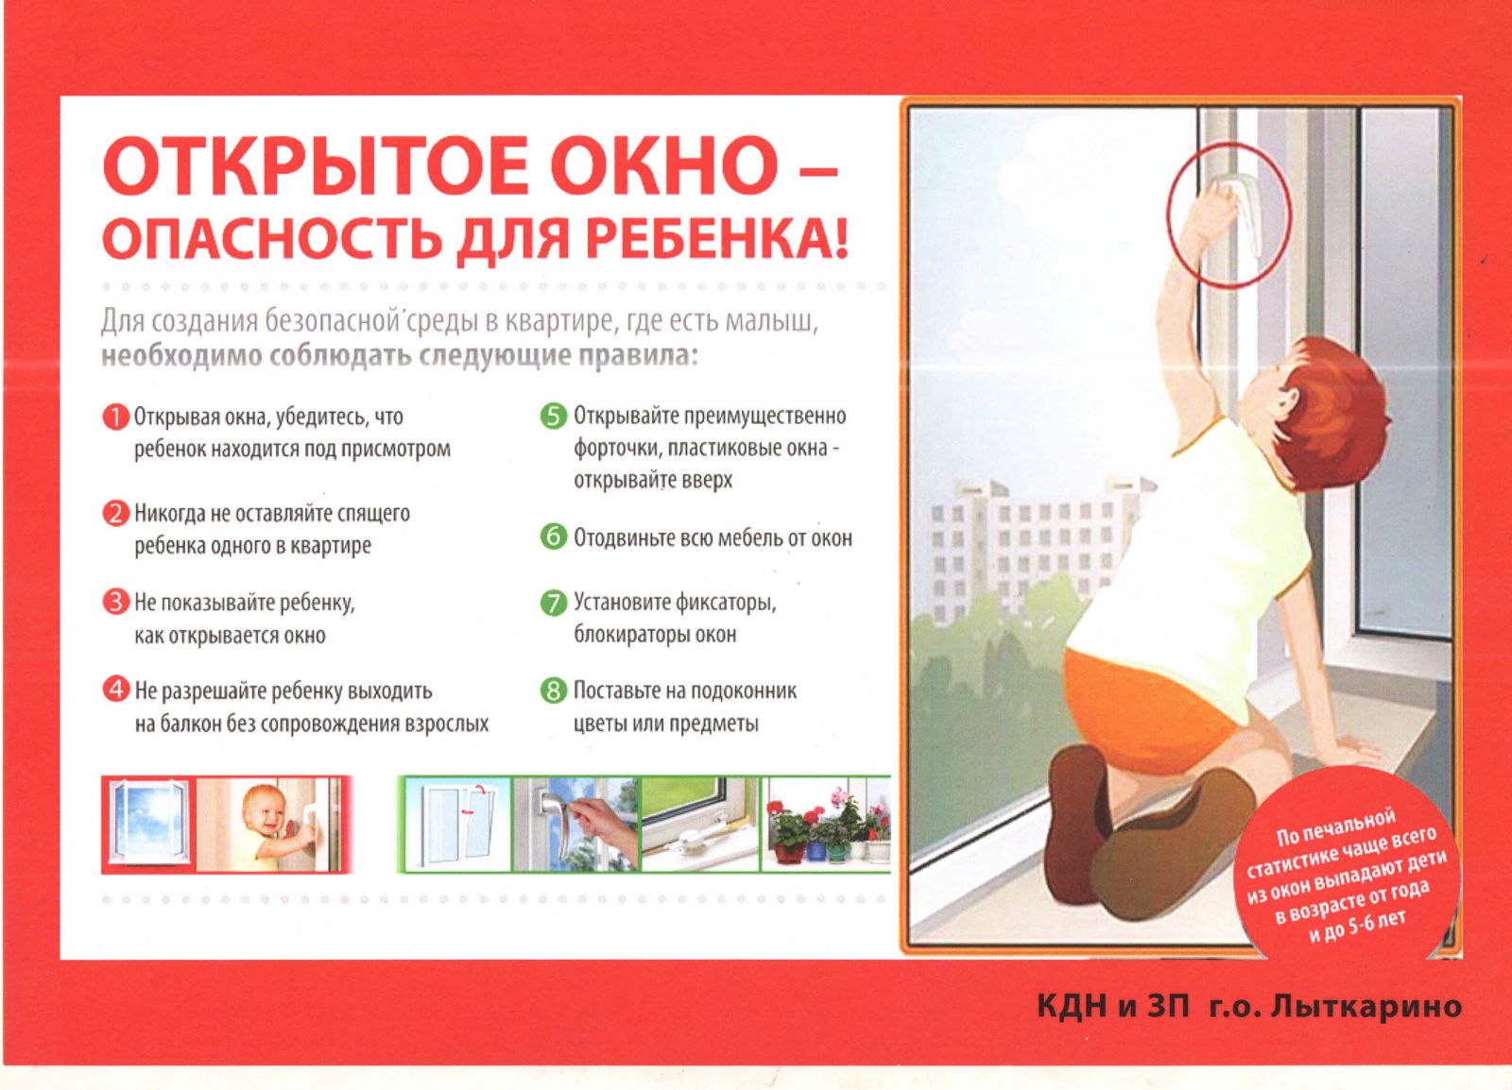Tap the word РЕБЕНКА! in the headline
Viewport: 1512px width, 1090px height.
pyautogui.click(x=705, y=241)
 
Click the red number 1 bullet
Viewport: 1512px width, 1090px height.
pyautogui.click(x=115, y=417)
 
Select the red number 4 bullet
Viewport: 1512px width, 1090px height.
pyautogui.click(x=115, y=690)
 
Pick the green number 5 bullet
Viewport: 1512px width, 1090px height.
pyautogui.click(x=554, y=417)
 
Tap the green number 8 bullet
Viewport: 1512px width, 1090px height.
pyautogui.click(x=554, y=690)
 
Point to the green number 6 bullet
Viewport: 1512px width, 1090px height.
pyautogui.click(x=554, y=537)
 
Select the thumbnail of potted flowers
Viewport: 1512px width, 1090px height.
pyautogui.click(x=826, y=826)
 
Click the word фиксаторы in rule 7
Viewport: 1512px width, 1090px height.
pyautogui.click(x=722, y=603)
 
